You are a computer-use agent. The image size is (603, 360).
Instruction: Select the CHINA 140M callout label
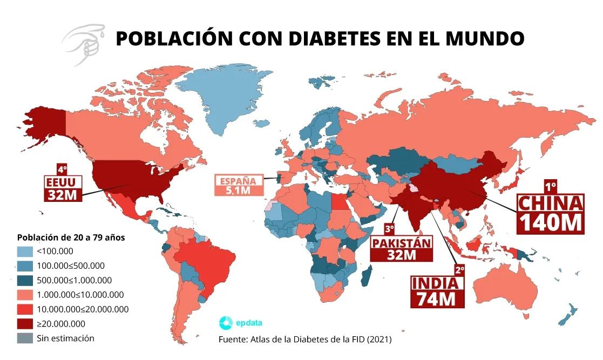[x=551, y=213]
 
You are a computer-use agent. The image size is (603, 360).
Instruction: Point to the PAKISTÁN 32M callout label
[x=402, y=248]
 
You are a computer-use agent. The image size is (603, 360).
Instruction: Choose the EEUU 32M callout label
[x=63, y=187]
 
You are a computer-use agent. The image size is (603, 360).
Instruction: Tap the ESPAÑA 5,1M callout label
[x=239, y=185]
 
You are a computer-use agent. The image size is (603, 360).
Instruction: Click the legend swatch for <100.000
[x=25, y=251]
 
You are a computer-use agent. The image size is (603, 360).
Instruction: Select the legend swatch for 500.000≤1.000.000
[x=25, y=280]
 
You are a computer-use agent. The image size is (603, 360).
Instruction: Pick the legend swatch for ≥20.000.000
[x=25, y=324]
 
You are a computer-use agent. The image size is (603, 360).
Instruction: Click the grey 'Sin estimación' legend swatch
[x=25, y=338]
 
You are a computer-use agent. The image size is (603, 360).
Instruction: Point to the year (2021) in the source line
[x=379, y=340]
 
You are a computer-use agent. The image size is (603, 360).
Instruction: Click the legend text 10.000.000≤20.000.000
[x=83, y=309]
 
